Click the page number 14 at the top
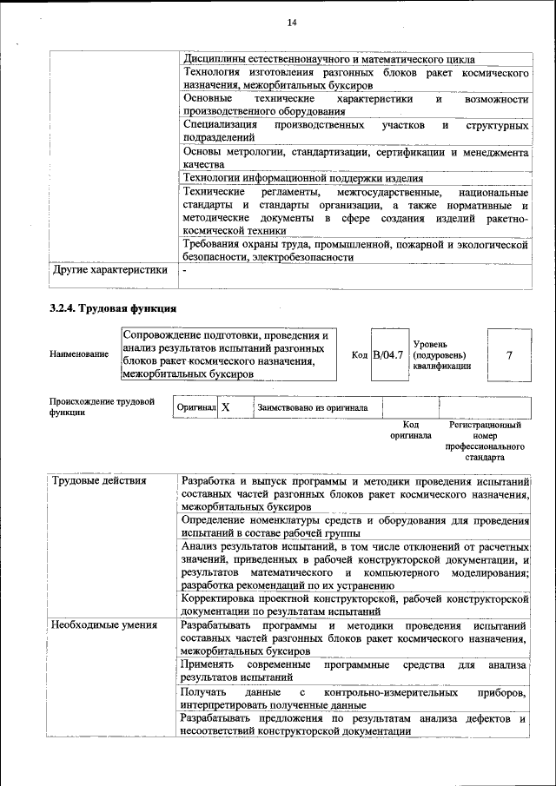(292, 22)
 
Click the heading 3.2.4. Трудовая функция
(114, 308)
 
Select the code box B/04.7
(387, 354)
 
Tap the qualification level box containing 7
(509, 354)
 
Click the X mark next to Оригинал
(225, 406)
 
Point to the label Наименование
(73, 354)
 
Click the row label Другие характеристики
(109, 270)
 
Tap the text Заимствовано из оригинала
(312, 406)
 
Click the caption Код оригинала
(410, 430)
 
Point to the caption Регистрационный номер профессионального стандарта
(485, 440)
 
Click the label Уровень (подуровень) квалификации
(442, 354)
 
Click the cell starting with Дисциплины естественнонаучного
(329, 59)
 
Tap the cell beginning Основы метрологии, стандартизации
(355, 157)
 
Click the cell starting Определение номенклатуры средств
(355, 525)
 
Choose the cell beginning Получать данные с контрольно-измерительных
(355, 698)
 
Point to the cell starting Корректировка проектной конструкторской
(355, 604)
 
